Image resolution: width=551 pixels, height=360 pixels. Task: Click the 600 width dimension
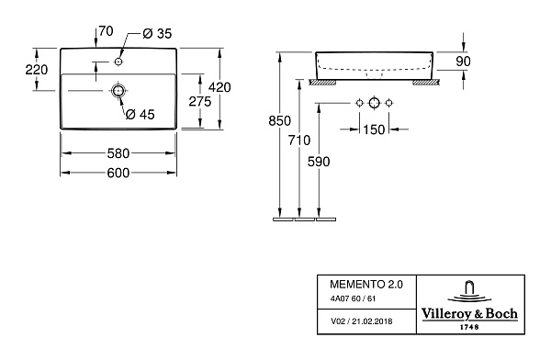tap(118, 173)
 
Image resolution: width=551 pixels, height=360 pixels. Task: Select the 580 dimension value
tap(118, 153)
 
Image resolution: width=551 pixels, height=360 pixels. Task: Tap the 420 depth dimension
tap(219, 87)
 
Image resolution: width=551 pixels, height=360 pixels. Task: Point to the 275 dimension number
tap(200, 102)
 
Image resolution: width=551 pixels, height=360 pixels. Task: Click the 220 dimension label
tap(37, 70)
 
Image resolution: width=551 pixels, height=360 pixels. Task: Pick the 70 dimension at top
tap(106, 31)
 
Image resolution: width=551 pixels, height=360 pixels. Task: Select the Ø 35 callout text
tap(157, 34)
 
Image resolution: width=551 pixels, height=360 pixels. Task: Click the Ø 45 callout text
tap(140, 114)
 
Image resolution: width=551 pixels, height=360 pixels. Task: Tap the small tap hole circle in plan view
tap(118, 62)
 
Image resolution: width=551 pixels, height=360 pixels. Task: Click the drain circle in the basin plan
tap(118, 91)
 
